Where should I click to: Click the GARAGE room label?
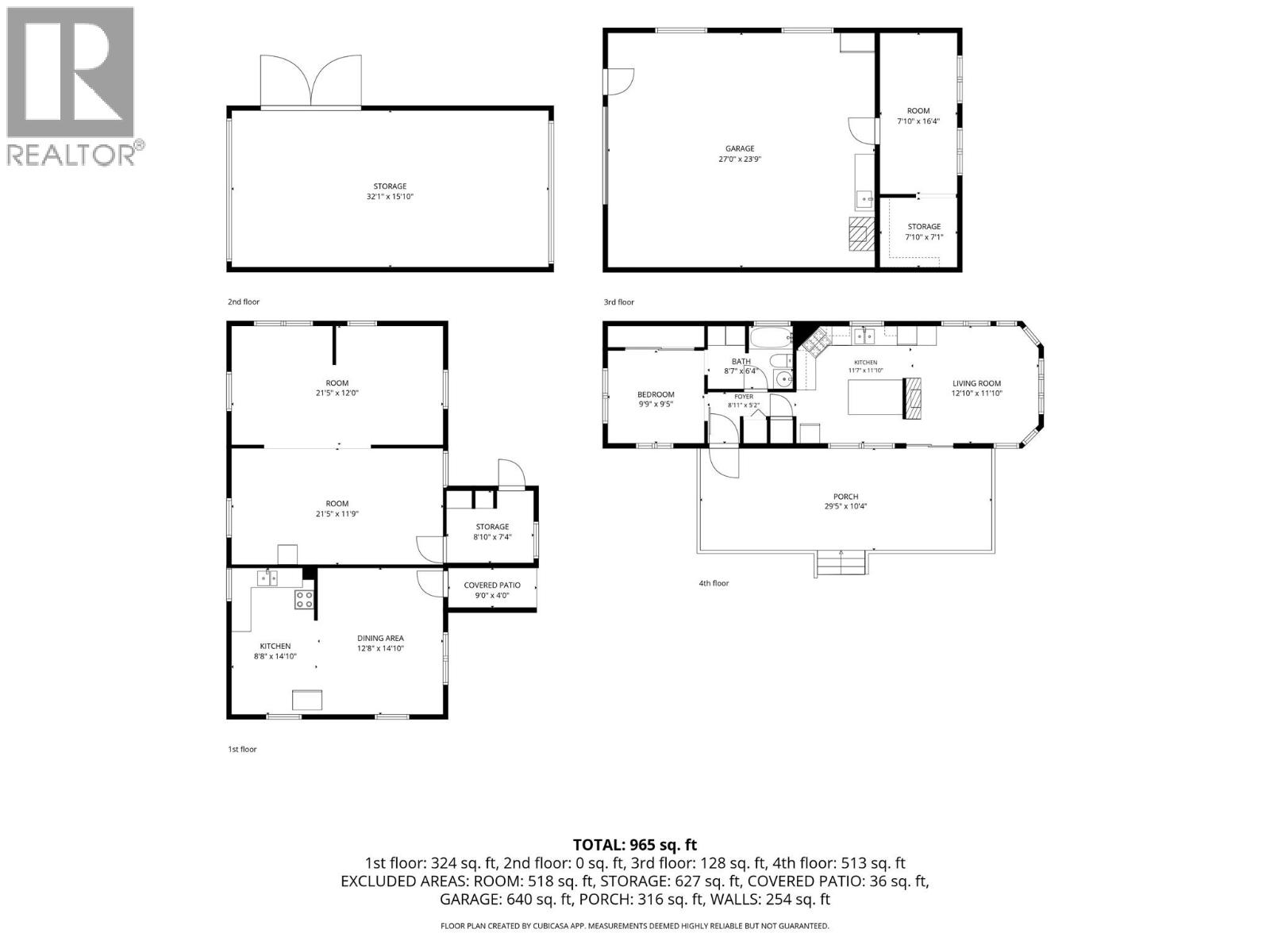pyautogui.click(x=740, y=148)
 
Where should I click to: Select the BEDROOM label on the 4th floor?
pyautogui.click(x=656, y=395)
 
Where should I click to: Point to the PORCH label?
pyautogui.click(x=845, y=497)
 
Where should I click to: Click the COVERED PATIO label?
pyautogui.click(x=492, y=585)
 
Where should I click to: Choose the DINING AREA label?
pyautogui.click(x=380, y=638)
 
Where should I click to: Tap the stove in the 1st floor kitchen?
pyautogui.click(x=304, y=600)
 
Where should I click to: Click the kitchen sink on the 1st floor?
pyautogui.click(x=267, y=578)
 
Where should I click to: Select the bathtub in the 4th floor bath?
pyautogui.click(x=771, y=337)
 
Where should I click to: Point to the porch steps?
pyautogui.click(x=841, y=563)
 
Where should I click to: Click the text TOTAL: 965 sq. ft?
pyautogui.click(x=635, y=845)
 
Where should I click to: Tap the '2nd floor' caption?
pyautogui.click(x=244, y=301)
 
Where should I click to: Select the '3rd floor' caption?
pyautogui.click(x=618, y=301)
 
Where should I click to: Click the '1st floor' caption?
pyautogui.click(x=242, y=749)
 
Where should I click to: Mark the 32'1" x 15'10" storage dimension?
pyautogui.click(x=390, y=197)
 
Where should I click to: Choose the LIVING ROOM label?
pyautogui.click(x=976, y=383)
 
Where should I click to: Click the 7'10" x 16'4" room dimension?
pyautogui.click(x=918, y=121)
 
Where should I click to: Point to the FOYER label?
pyautogui.click(x=744, y=397)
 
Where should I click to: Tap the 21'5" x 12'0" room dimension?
pyautogui.click(x=337, y=393)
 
